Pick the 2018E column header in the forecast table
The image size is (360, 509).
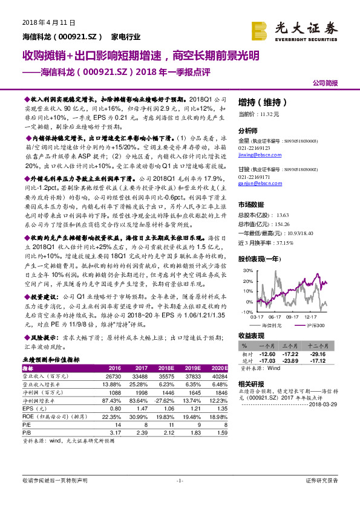166,368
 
